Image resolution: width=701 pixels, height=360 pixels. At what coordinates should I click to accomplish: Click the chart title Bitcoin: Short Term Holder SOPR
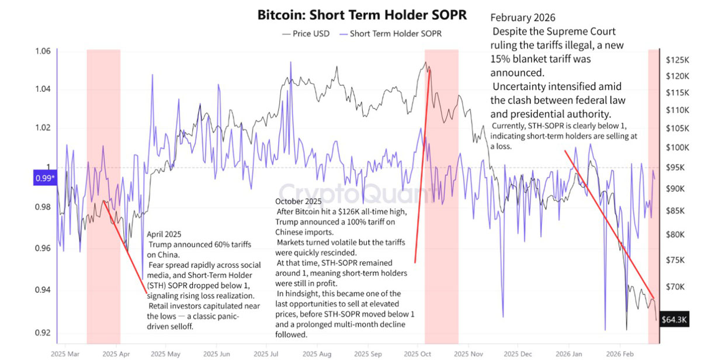[x=362, y=15]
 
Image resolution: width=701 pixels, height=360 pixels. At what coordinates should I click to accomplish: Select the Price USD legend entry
[x=306, y=34]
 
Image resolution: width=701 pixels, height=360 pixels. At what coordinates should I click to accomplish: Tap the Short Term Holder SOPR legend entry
[x=391, y=34]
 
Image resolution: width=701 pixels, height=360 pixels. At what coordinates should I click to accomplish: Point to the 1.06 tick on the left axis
[x=43, y=51]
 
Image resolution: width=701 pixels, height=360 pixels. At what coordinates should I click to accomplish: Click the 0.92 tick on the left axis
[x=43, y=332]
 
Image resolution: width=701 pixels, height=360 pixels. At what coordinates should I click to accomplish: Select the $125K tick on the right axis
[x=678, y=60]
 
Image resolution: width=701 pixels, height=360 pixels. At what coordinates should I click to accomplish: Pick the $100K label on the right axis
[x=678, y=147]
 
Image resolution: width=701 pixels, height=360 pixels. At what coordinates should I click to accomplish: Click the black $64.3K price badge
[x=674, y=320]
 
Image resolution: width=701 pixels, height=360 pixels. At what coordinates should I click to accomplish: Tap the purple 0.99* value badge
[x=45, y=178]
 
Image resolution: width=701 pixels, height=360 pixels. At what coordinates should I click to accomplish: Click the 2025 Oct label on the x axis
[x=418, y=354]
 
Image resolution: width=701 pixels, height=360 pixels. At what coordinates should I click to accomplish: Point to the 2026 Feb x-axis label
[x=620, y=354]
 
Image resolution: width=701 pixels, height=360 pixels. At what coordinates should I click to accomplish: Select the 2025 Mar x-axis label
[x=65, y=354]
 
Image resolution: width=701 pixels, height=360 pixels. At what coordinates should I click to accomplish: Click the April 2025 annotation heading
[x=164, y=234]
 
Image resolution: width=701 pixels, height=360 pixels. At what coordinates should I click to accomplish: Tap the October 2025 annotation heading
[x=299, y=201]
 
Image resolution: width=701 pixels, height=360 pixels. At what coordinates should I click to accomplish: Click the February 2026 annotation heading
[x=523, y=18]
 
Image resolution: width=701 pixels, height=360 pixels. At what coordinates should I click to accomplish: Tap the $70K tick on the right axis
[x=675, y=286]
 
